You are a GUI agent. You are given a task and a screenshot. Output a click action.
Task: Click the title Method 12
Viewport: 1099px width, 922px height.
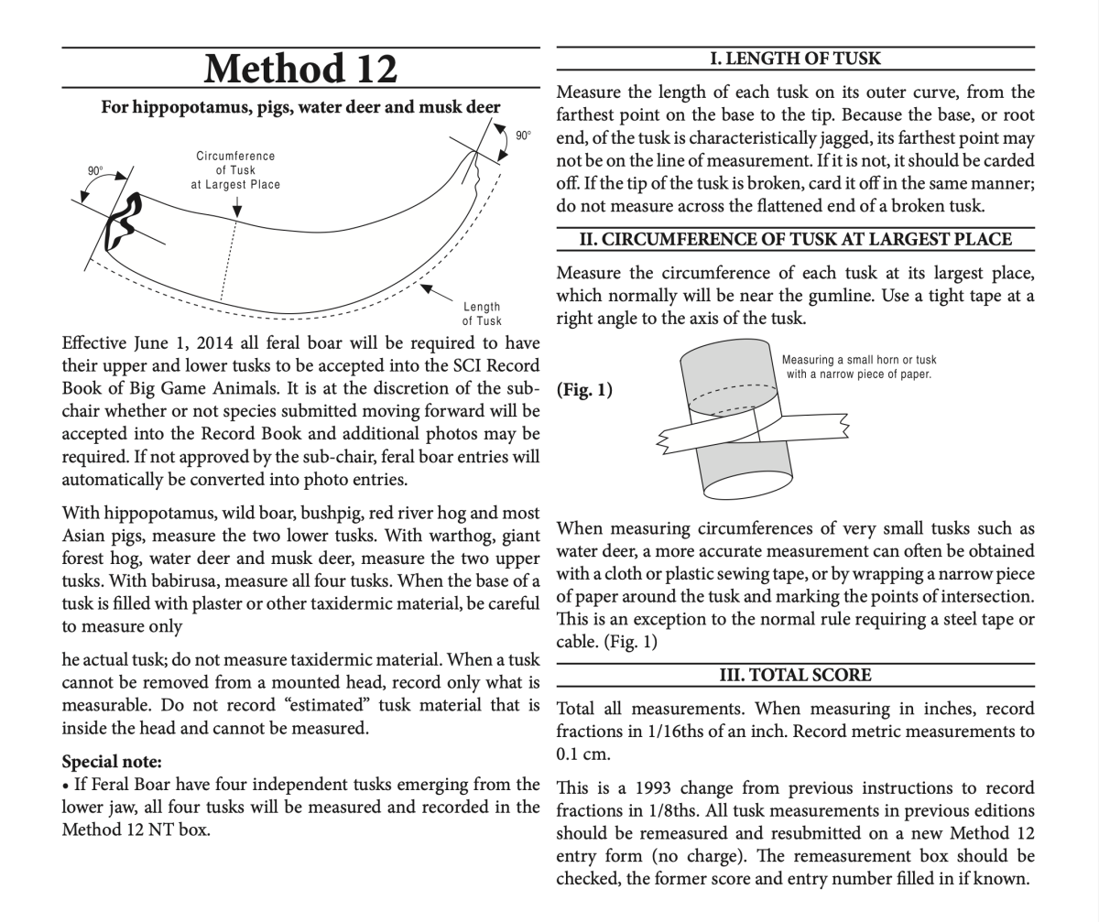coord(300,68)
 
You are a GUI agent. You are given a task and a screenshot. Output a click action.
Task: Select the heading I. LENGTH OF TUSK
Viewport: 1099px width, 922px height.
coord(795,59)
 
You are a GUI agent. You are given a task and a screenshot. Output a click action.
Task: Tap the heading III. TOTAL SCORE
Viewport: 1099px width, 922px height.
coord(795,675)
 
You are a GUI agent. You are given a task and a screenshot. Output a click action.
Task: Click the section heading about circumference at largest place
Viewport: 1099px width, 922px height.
coord(795,240)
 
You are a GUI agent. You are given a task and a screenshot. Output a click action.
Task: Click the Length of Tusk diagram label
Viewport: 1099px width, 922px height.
coord(482,314)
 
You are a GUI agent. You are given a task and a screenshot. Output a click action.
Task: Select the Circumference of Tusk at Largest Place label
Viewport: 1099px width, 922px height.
coord(235,170)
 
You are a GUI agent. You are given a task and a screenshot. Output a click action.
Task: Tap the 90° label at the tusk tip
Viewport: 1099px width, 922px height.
coord(523,136)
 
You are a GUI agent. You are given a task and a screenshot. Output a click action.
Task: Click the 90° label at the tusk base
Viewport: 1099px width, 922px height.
coord(95,171)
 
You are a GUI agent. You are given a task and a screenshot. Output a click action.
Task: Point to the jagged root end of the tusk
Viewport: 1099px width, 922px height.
coord(121,222)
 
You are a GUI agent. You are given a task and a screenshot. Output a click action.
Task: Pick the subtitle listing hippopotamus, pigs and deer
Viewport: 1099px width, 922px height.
coord(300,108)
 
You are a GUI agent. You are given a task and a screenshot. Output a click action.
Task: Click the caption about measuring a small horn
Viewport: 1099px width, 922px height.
coord(858,367)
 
